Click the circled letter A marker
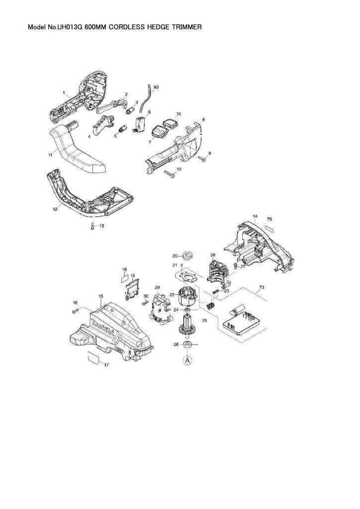[187, 360]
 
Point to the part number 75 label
[269, 218]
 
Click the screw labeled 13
[92, 226]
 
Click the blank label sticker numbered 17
[93, 356]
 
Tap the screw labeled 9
[202, 159]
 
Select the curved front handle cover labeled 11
[80, 150]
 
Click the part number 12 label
[55, 209]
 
